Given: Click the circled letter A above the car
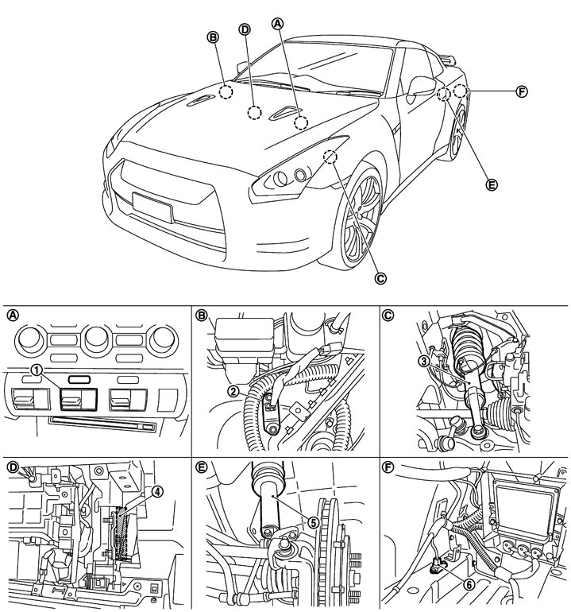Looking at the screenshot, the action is point(277,23).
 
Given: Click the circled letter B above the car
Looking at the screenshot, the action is point(213,37).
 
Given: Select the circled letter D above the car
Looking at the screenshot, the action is point(245,29).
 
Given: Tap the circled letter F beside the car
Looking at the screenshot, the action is point(522,91).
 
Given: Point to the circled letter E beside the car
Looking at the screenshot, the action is point(492,184).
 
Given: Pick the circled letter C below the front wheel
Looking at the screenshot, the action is point(380,278).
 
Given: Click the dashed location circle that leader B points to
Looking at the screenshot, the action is point(226,91).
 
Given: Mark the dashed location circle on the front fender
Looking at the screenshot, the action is point(330,157).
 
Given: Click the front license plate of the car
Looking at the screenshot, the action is point(152,207).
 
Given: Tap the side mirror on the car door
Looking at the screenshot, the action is point(421,86).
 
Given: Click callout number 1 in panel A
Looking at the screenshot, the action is point(37,370).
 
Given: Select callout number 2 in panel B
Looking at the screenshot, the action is point(233,391).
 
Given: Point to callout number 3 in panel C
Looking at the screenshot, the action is point(424,361).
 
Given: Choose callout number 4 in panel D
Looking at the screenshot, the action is point(156,492).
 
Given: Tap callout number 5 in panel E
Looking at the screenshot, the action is point(313,522).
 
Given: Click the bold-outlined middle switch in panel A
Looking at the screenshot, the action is point(78,399).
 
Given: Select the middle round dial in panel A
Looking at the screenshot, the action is point(96,338).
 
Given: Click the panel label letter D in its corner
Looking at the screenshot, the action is point(14,467).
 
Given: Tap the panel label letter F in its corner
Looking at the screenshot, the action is point(388,467).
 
